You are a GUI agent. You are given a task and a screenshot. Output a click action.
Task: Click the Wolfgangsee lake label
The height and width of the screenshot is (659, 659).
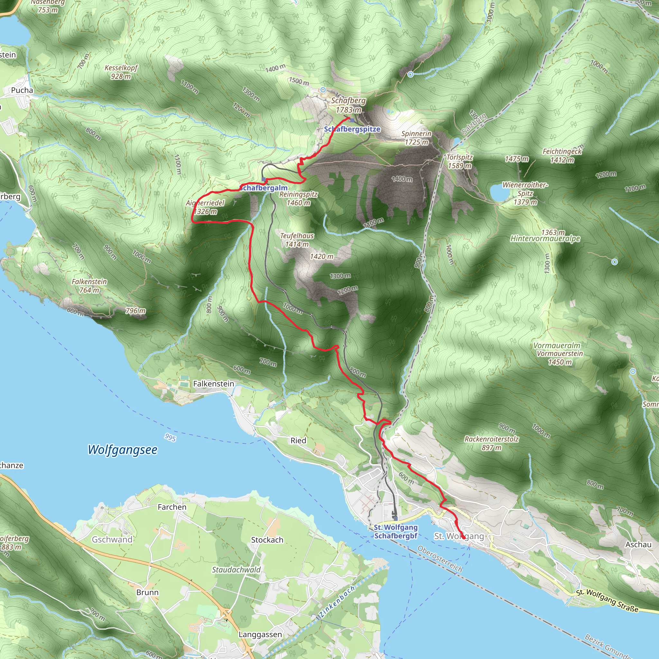pyautogui.click(x=123, y=450)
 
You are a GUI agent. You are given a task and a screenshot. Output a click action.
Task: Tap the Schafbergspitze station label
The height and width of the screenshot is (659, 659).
pyautogui.click(x=352, y=129)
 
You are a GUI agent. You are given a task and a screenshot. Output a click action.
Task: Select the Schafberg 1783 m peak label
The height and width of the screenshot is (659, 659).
pyautogui.click(x=348, y=105)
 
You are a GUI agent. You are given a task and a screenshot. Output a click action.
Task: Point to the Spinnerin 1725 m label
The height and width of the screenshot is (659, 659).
pyautogui.click(x=416, y=138)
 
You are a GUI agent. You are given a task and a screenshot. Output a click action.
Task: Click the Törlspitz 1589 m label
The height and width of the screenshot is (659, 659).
pyautogui.click(x=459, y=161)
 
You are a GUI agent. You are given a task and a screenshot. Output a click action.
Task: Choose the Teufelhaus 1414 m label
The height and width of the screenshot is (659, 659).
pyautogui.click(x=297, y=240)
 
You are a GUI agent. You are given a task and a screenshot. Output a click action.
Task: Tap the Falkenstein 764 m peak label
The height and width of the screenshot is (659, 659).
pyautogui.click(x=89, y=286)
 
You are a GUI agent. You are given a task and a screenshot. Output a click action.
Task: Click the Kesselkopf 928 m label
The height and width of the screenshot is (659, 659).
pyautogui.click(x=121, y=72)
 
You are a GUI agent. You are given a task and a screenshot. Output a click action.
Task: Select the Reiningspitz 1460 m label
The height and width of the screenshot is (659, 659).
pyautogui.click(x=299, y=199)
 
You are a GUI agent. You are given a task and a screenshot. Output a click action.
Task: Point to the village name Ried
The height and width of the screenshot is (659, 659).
pyautogui.click(x=298, y=441)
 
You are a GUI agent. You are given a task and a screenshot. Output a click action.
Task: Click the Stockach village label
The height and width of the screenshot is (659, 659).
pyautogui.click(x=267, y=540)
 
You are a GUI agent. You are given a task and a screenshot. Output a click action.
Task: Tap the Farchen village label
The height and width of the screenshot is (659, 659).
pyautogui.click(x=172, y=507)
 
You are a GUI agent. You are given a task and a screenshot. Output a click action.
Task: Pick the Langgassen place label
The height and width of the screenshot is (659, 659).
pyautogui.click(x=260, y=635)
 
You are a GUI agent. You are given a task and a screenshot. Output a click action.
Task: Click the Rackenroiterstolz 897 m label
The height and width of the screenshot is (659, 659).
pyautogui.click(x=492, y=443)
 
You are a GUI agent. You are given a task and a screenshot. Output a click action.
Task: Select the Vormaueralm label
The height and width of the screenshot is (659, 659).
pyautogui.click(x=557, y=346)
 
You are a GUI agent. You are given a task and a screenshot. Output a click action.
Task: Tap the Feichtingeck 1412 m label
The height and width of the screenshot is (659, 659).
pyautogui.click(x=562, y=155)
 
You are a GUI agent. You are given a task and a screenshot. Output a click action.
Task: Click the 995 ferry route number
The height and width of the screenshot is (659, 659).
pyautogui.click(x=170, y=437)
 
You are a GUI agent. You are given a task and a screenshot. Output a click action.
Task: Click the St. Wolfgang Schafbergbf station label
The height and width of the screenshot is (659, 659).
pyautogui.click(x=396, y=532)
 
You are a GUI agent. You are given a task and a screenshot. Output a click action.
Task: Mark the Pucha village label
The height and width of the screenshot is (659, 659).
pyautogui.click(x=22, y=90)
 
